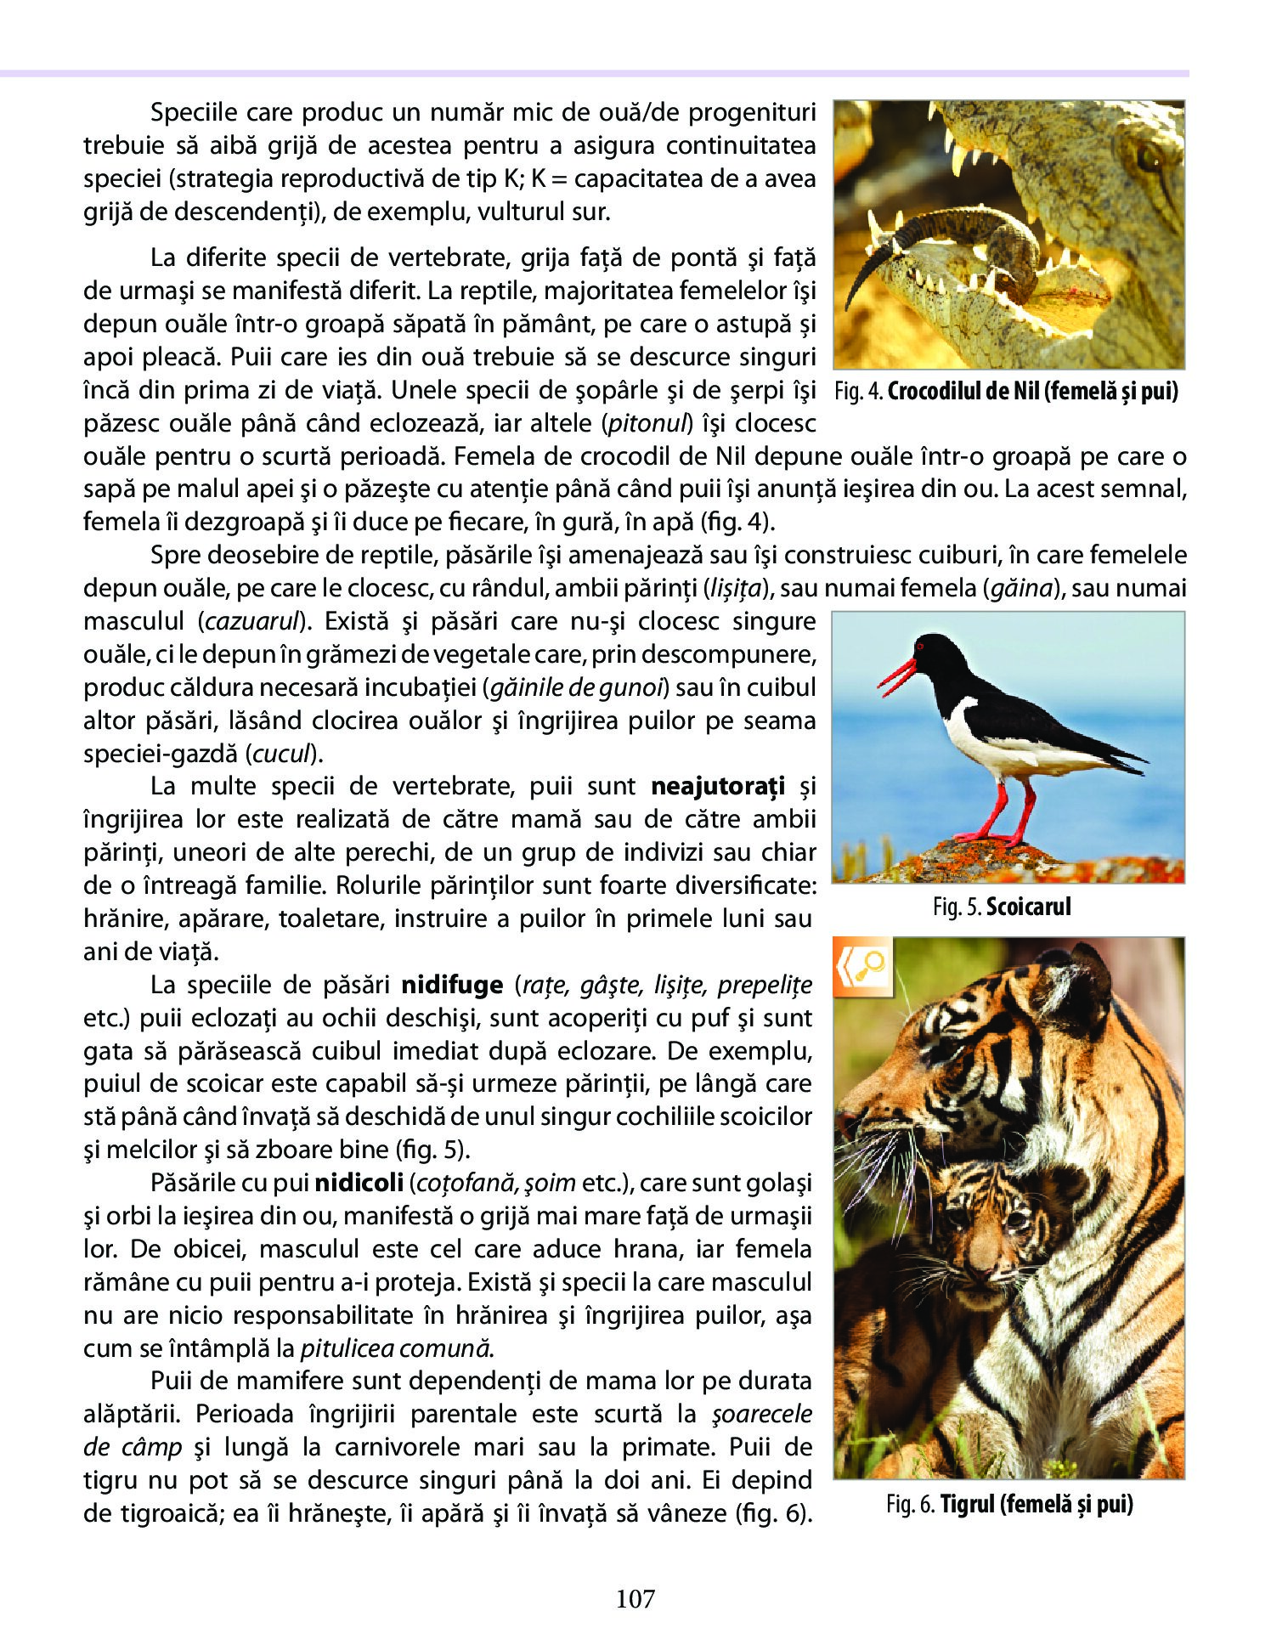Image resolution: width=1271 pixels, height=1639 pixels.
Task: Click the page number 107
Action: [635, 1598]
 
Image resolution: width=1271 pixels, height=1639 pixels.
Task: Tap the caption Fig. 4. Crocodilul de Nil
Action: [1007, 392]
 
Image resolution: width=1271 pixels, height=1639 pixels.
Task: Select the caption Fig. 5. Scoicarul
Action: [1002, 907]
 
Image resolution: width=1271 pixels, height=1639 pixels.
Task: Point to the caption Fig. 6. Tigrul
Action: [1009, 1504]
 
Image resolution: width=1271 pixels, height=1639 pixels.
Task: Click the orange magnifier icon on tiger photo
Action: [862, 967]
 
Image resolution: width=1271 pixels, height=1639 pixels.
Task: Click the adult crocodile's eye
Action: [1150, 156]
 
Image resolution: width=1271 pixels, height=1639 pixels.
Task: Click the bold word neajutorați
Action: [718, 787]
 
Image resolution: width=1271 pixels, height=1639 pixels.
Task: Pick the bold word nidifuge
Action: [452, 985]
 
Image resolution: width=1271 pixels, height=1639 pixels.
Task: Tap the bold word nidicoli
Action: [357, 1183]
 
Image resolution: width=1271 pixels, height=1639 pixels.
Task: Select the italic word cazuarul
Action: [253, 622]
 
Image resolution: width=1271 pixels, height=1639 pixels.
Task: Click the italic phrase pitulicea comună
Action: [397, 1348]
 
